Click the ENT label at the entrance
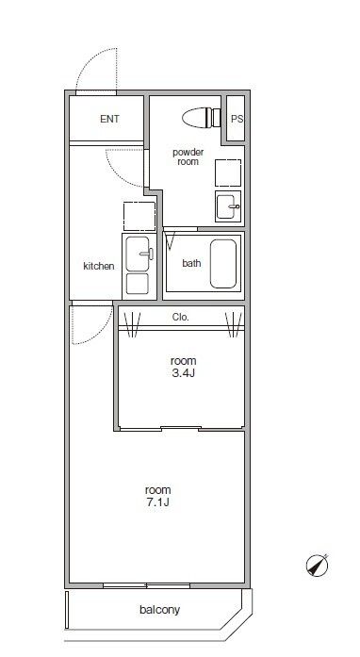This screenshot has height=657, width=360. (x=109, y=119)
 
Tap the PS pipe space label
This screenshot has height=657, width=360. (x=237, y=119)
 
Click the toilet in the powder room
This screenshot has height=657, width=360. (x=201, y=117)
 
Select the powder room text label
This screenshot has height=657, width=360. (x=188, y=156)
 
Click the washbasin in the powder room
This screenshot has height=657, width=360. (x=228, y=206)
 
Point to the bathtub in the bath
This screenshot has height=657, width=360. (x=223, y=264)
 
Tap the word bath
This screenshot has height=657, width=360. (x=191, y=263)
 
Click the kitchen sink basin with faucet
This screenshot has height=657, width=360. (x=138, y=254)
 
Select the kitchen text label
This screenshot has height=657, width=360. (x=99, y=266)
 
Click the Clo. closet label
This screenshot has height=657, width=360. (x=181, y=317)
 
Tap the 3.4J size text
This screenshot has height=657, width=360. (x=183, y=373)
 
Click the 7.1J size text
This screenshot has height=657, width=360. (x=158, y=502)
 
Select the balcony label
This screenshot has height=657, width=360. (x=159, y=610)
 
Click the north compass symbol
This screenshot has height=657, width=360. (x=318, y=566)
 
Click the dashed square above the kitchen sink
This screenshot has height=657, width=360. (x=139, y=216)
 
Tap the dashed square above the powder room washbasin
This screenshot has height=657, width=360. (x=228, y=172)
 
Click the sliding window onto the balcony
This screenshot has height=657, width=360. (x=147, y=585)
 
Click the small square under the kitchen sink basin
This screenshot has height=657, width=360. (x=138, y=284)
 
